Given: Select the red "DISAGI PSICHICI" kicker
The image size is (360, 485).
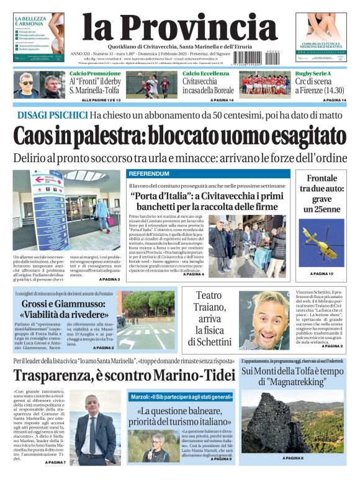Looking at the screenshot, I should [x=52, y=115].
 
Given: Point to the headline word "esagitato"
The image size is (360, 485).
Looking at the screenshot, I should [x=303, y=135].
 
